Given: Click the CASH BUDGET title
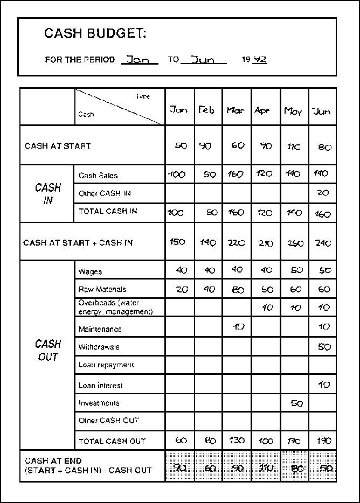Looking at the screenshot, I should click(x=95, y=34).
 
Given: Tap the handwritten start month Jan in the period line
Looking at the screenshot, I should click(x=139, y=60).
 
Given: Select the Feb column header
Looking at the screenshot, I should click(x=206, y=110).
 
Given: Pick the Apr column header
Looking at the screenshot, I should click(x=262, y=110).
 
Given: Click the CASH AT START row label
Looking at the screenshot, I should click(x=58, y=146).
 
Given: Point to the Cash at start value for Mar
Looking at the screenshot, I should click(x=237, y=146).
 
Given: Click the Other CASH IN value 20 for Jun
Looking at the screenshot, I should click(x=322, y=193).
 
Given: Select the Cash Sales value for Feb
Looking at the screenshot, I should click(x=209, y=174).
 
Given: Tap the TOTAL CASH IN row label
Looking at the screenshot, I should click(x=108, y=211).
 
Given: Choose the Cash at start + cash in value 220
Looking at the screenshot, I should click(x=236, y=242).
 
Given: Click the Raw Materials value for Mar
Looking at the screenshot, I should click(x=237, y=290).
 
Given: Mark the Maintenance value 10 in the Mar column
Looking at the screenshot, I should click(x=237, y=327).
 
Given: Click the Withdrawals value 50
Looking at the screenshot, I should click(x=324, y=347).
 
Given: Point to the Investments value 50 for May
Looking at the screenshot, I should click(x=296, y=403).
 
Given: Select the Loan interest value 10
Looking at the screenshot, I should click(x=323, y=385).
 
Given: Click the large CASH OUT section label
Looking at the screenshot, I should click(x=48, y=350).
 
